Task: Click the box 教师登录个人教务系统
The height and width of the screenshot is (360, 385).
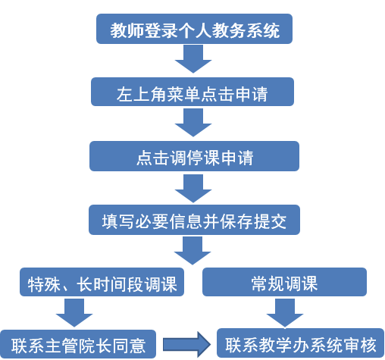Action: pyautogui.click(x=194, y=29)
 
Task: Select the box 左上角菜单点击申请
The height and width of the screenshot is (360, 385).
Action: pyautogui.click(x=192, y=92)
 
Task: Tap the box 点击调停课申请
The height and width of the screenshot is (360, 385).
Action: pyautogui.click(x=194, y=156)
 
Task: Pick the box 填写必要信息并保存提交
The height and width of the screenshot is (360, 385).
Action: pyautogui.click(x=194, y=220)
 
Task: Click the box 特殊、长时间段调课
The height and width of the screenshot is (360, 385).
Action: pyautogui.click(x=102, y=282)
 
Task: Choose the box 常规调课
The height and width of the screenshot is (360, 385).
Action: pyautogui.click(x=284, y=282)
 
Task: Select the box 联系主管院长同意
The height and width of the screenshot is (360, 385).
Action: pyautogui.click(x=78, y=344)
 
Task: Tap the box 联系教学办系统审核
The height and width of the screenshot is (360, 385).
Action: pyautogui.click(x=301, y=343)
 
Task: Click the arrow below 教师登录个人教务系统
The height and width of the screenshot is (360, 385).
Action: pyautogui.click(x=193, y=59)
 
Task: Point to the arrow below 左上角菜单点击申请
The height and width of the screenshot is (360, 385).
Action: pyautogui.click(x=193, y=123)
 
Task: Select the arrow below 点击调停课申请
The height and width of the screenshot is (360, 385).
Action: pyautogui.click(x=193, y=189)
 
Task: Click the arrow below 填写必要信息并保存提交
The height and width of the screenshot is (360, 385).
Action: pyautogui.click(x=192, y=251)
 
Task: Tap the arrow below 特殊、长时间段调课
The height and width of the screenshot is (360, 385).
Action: pyautogui.click(x=74, y=313)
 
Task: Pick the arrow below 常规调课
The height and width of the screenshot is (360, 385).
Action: pyautogui.click(x=285, y=313)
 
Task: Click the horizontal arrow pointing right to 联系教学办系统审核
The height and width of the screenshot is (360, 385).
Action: pyautogui.click(x=186, y=344)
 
